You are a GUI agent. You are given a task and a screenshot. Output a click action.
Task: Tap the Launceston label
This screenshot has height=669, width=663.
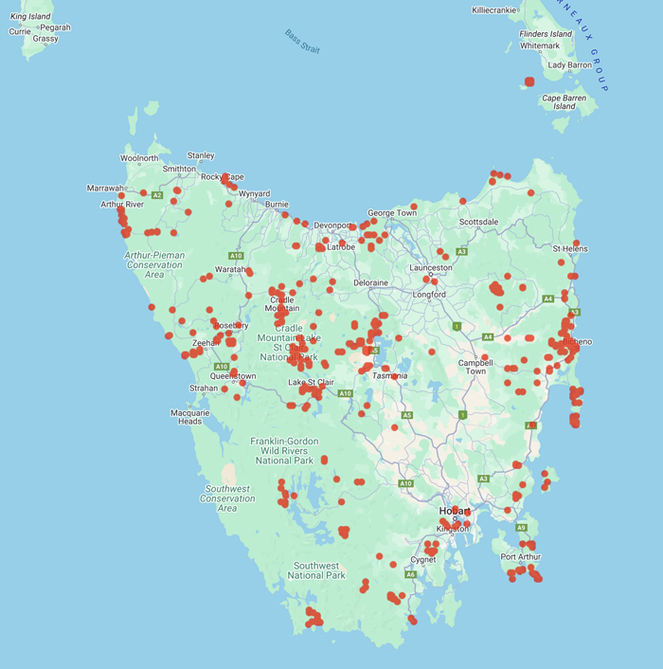tap(430, 268)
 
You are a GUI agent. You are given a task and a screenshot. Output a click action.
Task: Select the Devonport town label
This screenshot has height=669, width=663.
tap(331, 226)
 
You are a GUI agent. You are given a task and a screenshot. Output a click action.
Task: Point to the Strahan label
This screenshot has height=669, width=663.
tap(204, 389)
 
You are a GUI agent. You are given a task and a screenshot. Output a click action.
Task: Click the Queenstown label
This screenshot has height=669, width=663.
tap(233, 376)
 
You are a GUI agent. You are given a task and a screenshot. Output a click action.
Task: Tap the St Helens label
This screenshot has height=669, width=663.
tap(570, 249)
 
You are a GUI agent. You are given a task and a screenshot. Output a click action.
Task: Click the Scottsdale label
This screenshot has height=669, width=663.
tap(478, 222)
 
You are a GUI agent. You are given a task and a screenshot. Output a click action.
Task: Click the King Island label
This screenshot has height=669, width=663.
tap(31, 17)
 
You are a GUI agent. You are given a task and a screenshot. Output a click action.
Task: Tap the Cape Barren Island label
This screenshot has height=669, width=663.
tap(564, 101)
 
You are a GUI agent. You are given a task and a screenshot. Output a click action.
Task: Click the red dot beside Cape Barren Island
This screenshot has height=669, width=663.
tap(529, 82)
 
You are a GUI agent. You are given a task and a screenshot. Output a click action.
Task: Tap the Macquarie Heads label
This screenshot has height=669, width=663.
tap(189, 417)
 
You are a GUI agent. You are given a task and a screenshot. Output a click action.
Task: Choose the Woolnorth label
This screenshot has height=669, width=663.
tap(139, 158)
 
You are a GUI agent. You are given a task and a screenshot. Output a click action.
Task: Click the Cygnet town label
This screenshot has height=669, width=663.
tap(423, 560)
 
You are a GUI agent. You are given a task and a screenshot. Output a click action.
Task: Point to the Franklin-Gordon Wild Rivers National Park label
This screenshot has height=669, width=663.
tap(285, 451)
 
